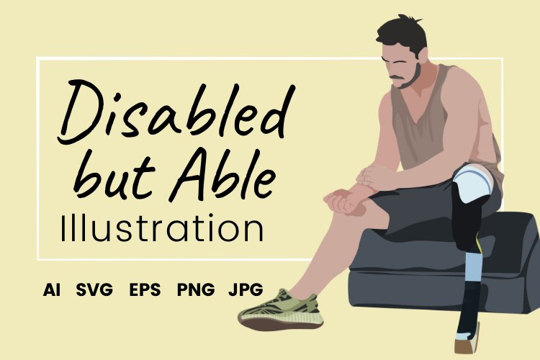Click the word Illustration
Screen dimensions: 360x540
tap(162, 228)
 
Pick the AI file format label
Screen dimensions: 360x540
tap(52, 290)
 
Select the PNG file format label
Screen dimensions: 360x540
tap(196, 290)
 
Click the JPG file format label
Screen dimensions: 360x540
tap(245, 290)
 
